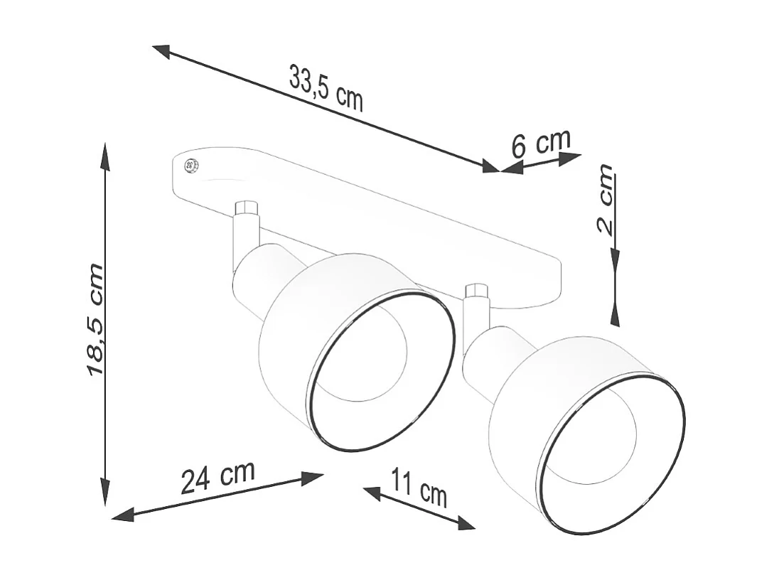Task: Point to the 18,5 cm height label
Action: [x=95, y=320]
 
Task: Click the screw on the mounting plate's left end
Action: [x=191, y=166]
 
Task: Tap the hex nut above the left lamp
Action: [x=246, y=208]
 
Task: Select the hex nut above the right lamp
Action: [x=476, y=290]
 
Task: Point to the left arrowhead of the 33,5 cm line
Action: [x=161, y=50]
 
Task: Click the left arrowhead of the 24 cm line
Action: [x=124, y=514]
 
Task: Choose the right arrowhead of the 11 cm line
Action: [x=466, y=524]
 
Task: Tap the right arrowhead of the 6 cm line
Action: [x=571, y=159]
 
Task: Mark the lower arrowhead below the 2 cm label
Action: [x=615, y=313]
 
